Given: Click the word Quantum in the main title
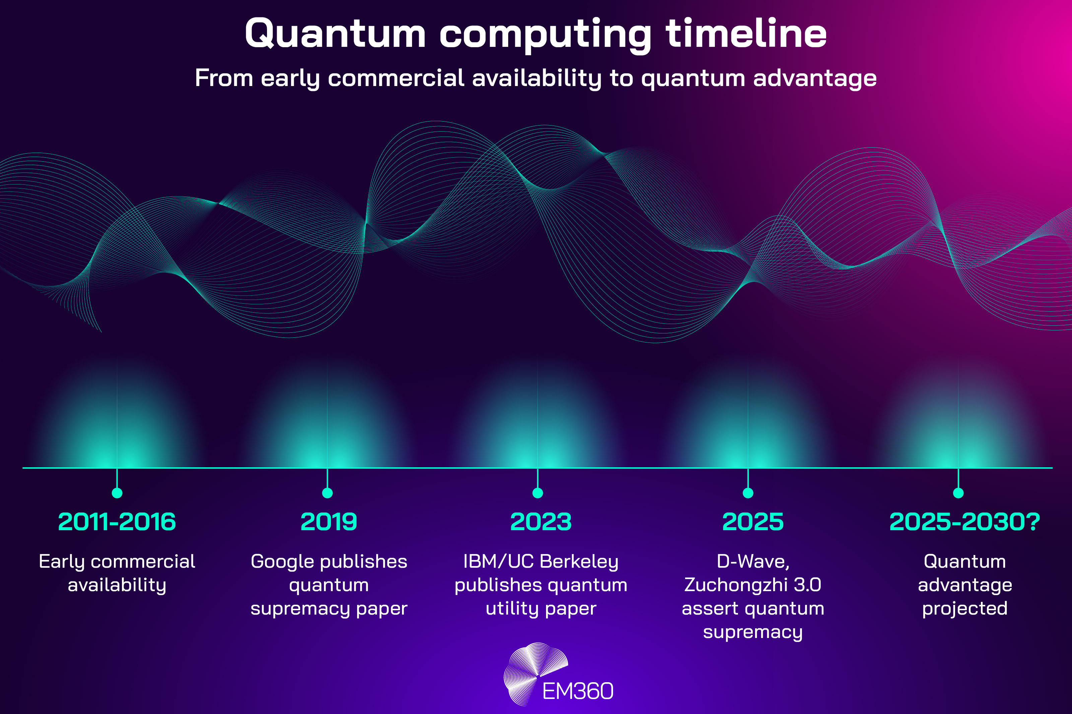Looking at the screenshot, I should pyautogui.click(x=335, y=34).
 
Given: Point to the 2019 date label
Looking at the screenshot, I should pyautogui.click(x=329, y=522).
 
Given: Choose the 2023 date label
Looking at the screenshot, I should pyautogui.click(x=540, y=522).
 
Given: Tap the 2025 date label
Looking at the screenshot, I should pyautogui.click(x=753, y=522).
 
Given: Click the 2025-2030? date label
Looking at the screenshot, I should pyautogui.click(x=964, y=522).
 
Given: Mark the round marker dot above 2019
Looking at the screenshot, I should pyautogui.click(x=327, y=493).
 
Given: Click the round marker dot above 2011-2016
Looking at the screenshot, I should pyautogui.click(x=117, y=493).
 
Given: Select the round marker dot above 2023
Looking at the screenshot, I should pyautogui.click(x=538, y=493).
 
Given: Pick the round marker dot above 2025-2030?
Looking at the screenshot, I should pyautogui.click(x=958, y=493).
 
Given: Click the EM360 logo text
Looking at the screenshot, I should pyautogui.click(x=578, y=691).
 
